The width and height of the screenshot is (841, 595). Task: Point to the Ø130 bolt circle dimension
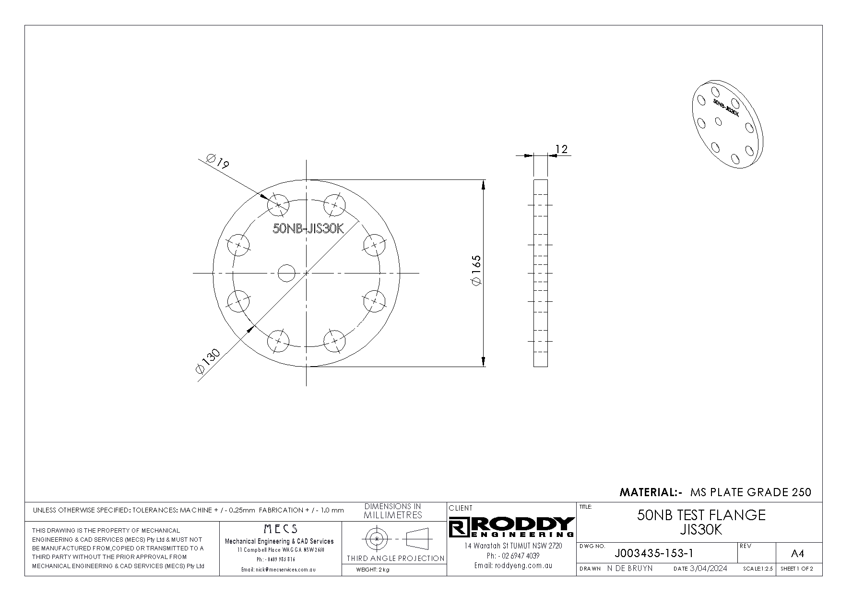coord(208,361)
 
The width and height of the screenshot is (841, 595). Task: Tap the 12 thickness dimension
coord(561,149)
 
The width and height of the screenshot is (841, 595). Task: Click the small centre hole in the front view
coord(287,273)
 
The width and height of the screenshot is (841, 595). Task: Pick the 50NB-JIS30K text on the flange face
coord(308,228)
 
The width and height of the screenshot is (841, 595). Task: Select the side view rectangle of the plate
coord(541,273)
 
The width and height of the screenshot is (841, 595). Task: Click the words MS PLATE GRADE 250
coord(751,492)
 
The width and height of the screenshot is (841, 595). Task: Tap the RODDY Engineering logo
coord(512,527)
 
